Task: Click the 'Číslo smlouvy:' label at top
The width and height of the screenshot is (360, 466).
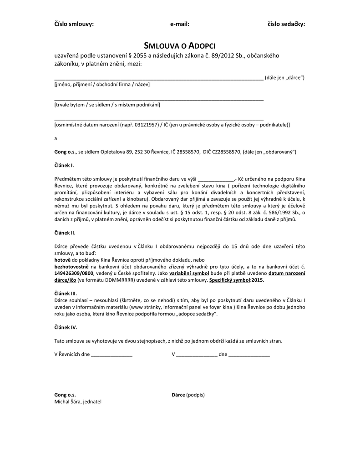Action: pos(74,24)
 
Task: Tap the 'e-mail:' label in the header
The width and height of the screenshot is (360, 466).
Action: pos(180,24)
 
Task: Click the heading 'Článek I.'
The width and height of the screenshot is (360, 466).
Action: pos(64,165)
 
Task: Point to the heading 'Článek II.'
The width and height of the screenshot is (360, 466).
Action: pos(65,233)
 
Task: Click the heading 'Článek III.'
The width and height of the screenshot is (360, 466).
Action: pos(66,294)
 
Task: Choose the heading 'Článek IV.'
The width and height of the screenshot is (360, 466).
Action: pos(66,327)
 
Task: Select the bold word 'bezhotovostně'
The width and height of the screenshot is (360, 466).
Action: pos(71,266)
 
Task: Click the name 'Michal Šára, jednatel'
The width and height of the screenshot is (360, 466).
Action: pos(78,402)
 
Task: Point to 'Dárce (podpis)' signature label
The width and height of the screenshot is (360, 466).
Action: pos(188,395)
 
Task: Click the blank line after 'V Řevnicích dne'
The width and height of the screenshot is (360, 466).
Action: pos(112,355)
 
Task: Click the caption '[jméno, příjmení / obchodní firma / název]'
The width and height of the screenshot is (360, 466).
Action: pos(102,85)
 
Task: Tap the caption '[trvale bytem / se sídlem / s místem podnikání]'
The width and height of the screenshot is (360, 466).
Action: pos(107,105)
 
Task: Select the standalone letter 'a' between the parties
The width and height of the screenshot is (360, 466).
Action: pos(56,138)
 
